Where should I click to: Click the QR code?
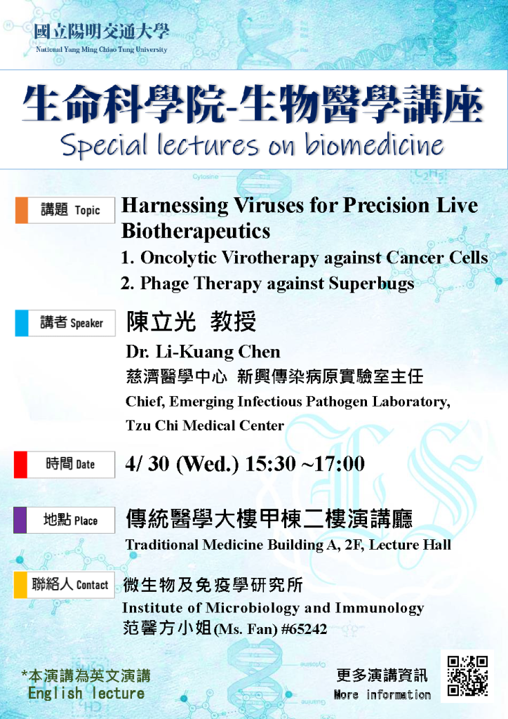pyautogui.click(x=467, y=676)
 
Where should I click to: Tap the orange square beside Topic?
pyautogui.click(x=22, y=210)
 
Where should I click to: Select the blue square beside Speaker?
pyautogui.click(x=22, y=323)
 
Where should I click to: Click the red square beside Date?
pyautogui.click(x=20, y=465)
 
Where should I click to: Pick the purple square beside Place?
pyautogui.click(x=20, y=520)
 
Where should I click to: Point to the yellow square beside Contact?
pyautogui.click(x=20, y=585)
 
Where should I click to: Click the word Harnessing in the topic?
pyautogui.click(x=175, y=206)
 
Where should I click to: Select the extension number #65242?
pyautogui.click(x=304, y=629)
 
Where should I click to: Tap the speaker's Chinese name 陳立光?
pyautogui.click(x=161, y=321)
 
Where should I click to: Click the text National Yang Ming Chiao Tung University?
pyautogui.click(x=101, y=50)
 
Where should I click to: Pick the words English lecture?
pyautogui.click(x=86, y=693)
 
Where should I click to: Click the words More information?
pyautogui.click(x=382, y=694)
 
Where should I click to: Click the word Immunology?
pyautogui.click(x=380, y=609)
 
